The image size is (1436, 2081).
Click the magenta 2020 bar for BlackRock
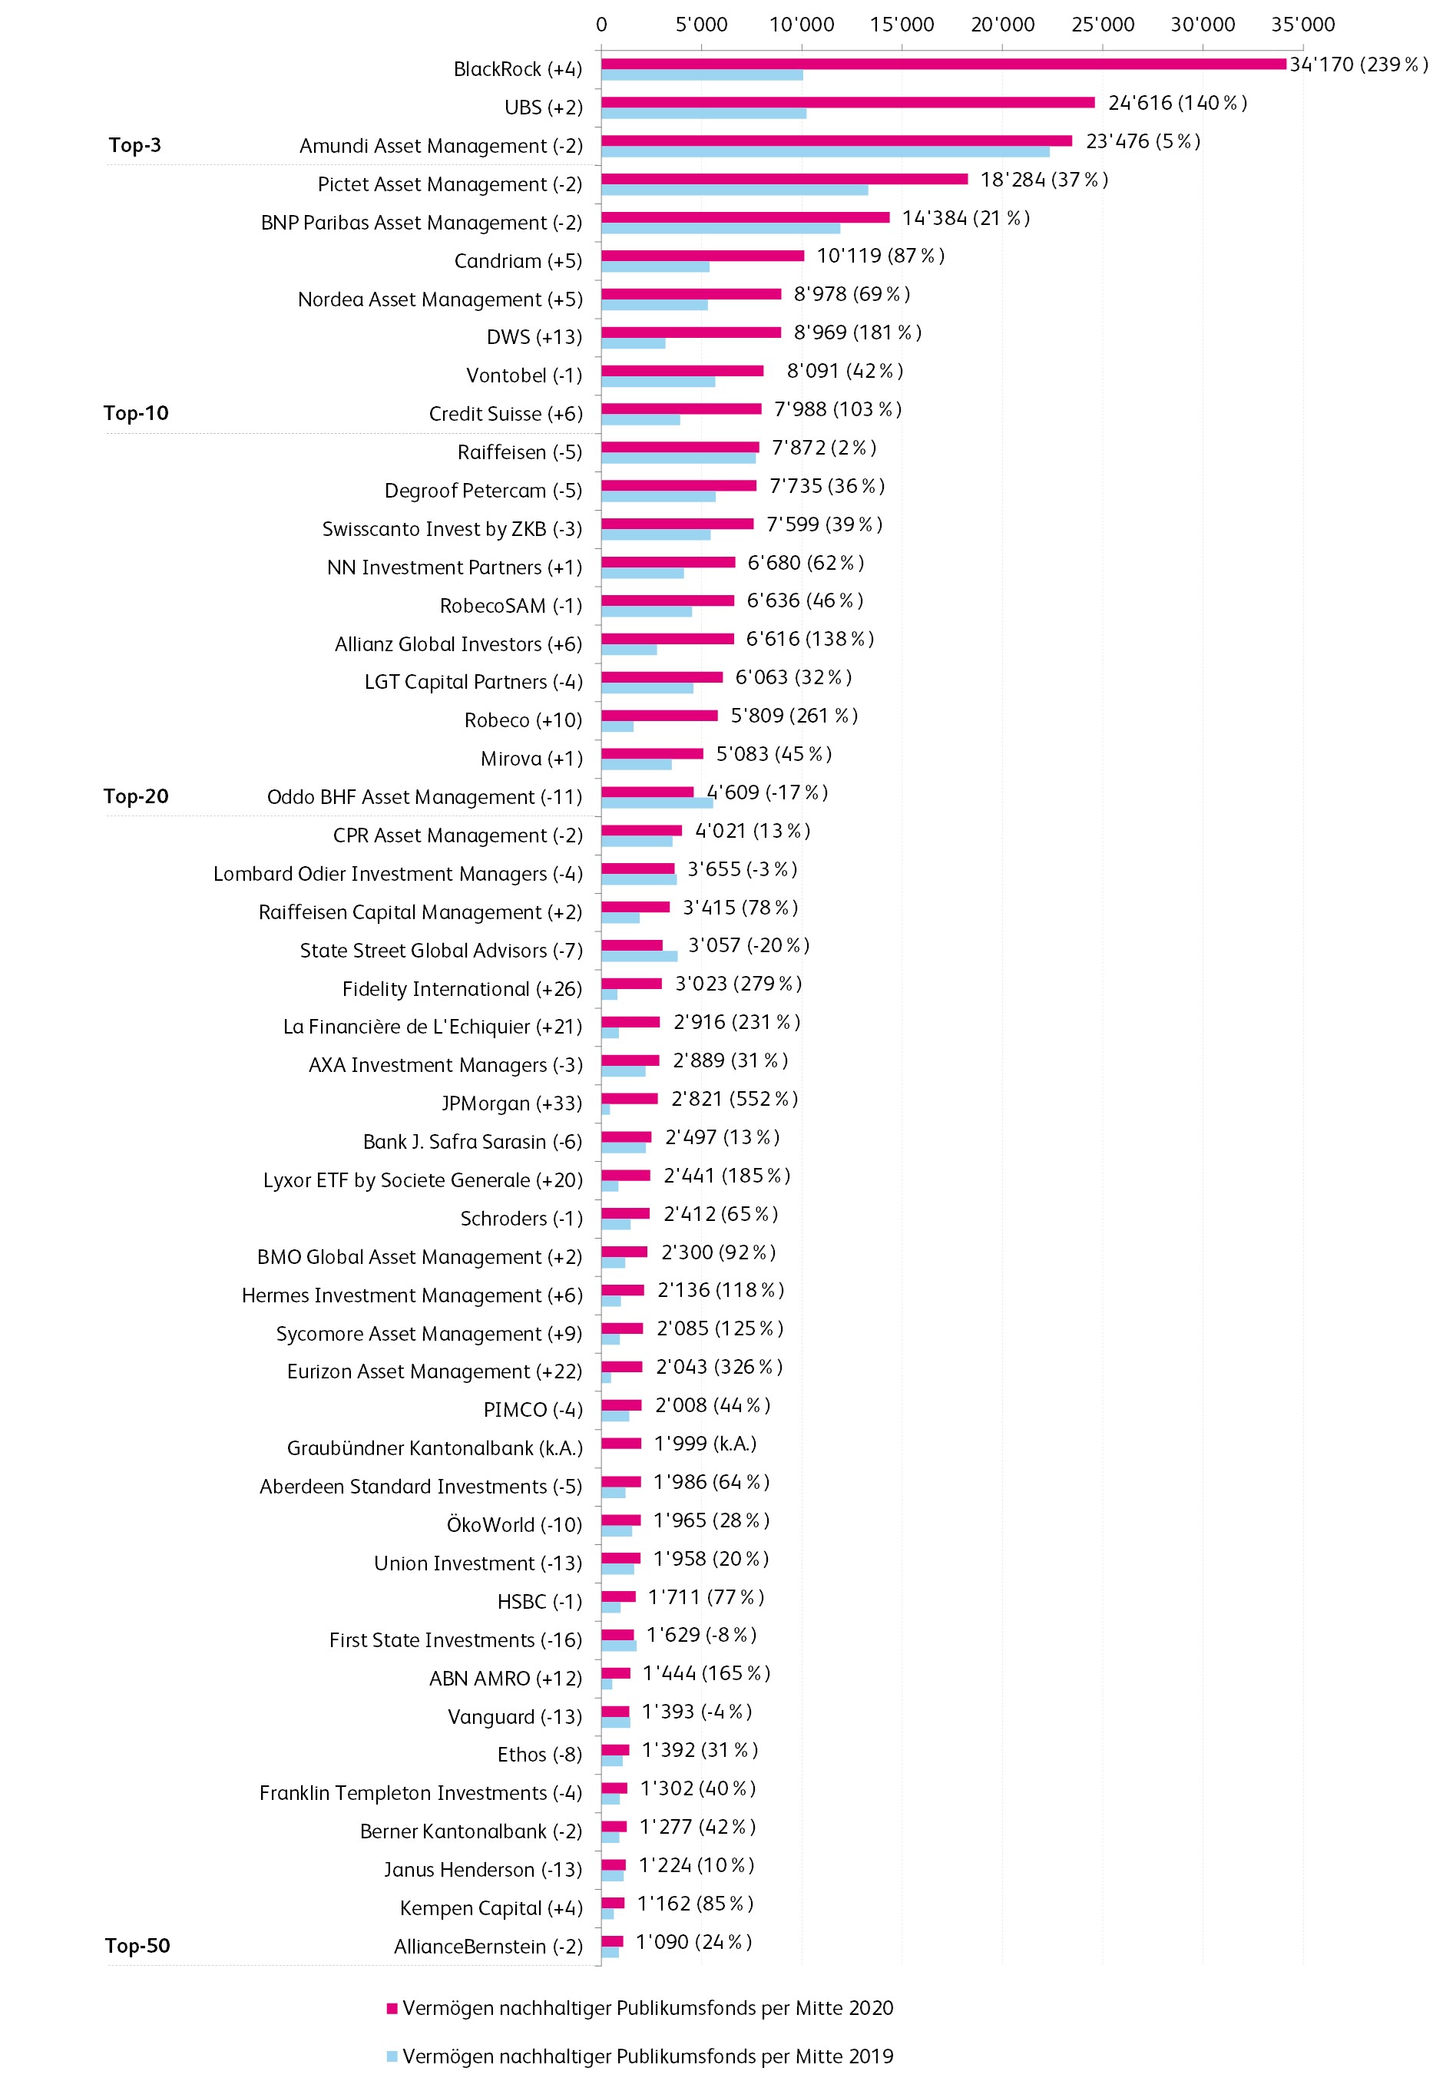[943, 64]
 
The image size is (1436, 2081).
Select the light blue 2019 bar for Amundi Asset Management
[825, 152]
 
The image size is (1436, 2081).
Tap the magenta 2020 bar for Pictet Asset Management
[784, 179]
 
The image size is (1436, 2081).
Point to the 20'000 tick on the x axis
[1002, 25]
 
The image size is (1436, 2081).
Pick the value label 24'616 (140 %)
[1177, 103]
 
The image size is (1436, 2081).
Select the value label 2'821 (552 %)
[734, 1099]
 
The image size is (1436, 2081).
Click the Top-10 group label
[136, 413]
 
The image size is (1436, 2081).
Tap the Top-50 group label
[137, 1945]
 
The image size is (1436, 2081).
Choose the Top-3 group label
[135, 145]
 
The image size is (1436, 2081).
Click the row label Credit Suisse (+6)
[505, 414]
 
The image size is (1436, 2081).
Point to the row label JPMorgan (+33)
[511, 1103]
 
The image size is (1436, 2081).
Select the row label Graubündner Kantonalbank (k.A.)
[435, 1447]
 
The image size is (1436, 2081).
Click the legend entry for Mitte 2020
[640, 2007]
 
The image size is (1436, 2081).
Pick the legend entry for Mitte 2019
[640, 2056]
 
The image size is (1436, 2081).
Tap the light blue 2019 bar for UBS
[703, 114]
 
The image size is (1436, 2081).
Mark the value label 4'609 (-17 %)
[766, 792]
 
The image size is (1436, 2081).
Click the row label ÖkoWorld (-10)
[514, 1524]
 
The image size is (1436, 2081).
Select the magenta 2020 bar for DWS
[691, 332]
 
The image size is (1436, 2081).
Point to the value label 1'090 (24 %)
[693, 1941]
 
